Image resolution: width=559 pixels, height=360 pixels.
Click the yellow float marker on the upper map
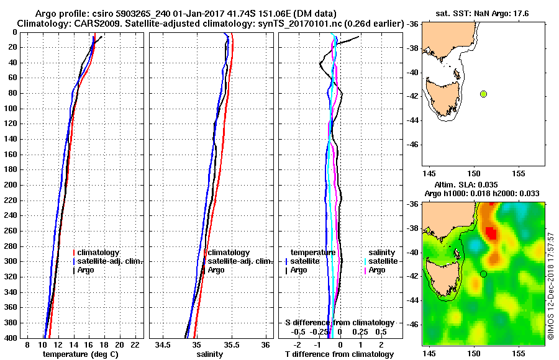tap(483, 94)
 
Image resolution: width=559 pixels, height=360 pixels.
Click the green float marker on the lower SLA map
tap(483, 274)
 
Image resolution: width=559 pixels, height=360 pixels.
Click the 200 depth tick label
tap(11, 185)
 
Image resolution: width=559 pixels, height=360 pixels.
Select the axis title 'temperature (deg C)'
tap(80, 354)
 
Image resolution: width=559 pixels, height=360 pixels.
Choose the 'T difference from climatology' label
tap(339, 354)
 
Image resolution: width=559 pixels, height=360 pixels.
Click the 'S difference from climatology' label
tap(339, 323)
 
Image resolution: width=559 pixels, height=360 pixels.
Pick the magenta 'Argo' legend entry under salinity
tap(377, 270)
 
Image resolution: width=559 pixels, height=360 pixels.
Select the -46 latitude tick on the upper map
tap(412, 144)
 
